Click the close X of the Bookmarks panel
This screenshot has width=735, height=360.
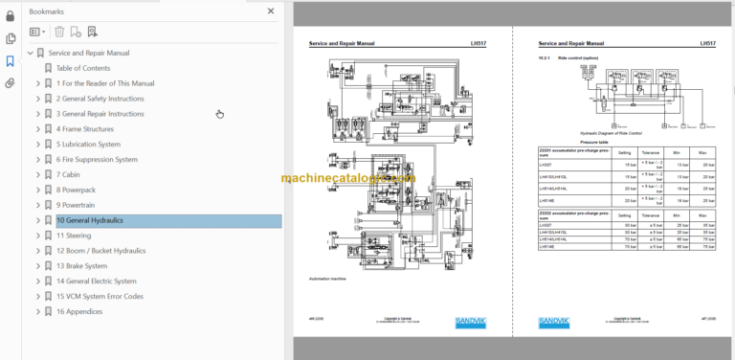click(272, 11)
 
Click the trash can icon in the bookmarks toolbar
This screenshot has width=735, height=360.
click(59, 32)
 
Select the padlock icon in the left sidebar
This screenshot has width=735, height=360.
click(11, 14)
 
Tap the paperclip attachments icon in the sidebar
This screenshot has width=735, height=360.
click(11, 83)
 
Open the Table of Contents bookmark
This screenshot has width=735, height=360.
click(82, 68)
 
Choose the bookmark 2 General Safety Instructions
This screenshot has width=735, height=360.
click(100, 99)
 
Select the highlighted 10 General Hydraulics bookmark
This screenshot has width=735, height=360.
click(89, 220)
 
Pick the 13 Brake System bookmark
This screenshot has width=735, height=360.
click(83, 266)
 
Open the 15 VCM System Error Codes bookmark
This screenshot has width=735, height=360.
click(100, 297)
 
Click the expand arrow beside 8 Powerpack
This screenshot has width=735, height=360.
click(38, 190)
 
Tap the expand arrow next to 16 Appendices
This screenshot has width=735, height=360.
click(38, 312)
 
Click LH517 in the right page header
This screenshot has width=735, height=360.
click(707, 44)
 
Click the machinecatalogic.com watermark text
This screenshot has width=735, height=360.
click(348, 178)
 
